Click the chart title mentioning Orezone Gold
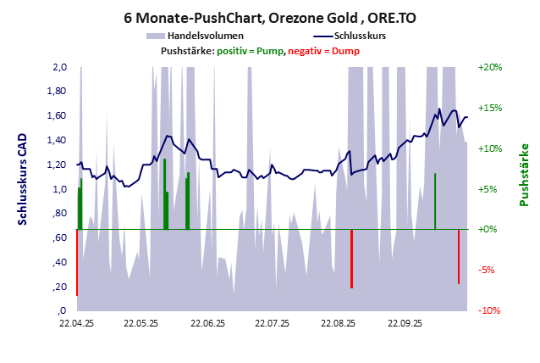pyautogui.click(x=270, y=17)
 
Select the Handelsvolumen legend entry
pyautogui.click(x=207, y=36)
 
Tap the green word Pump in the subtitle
pyautogui.click(x=270, y=52)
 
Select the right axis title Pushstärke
pyautogui.click(x=523, y=175)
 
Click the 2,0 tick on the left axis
pyautogui.click(x=59, y=67)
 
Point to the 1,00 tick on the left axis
pyautogui.click(x=58, y=189)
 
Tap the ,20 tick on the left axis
pyautogui.click(x=59, y=288)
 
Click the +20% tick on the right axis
pyautogui.click(x=490, y=67)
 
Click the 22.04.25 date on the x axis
pyautogui.click(x=76, y=323)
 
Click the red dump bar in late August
pyautogui.click(x=351, y=259)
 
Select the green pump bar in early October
pyautogui.click(x=435, y=202)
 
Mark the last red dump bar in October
pyautogui.click(x=459, y=256)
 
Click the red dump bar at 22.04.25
pyautogui.click(x=77, y=263)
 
